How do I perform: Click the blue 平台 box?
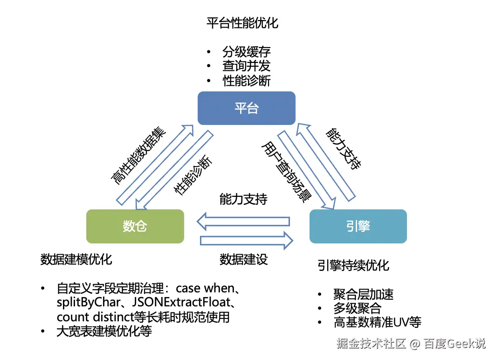click(x=246, y=108)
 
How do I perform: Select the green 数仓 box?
click(x=135, y=226)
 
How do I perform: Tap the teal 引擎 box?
click(x=358, y=226)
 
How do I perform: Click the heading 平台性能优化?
click(x=242, y=23)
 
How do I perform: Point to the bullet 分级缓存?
click(x=247, y=52)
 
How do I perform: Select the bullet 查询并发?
click(x=247, y=66)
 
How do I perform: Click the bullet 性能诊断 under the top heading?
click(x=247, y=81)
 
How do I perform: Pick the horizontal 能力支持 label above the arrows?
click(x=243, y=199)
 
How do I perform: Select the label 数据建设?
click(x=244, y=259)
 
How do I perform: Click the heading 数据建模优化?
click(x=76, y=259)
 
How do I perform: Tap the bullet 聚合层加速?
click(x=363, y=294)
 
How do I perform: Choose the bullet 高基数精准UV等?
click(x=377, y=322)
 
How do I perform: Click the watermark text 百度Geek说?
click(x=455, y=344)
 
